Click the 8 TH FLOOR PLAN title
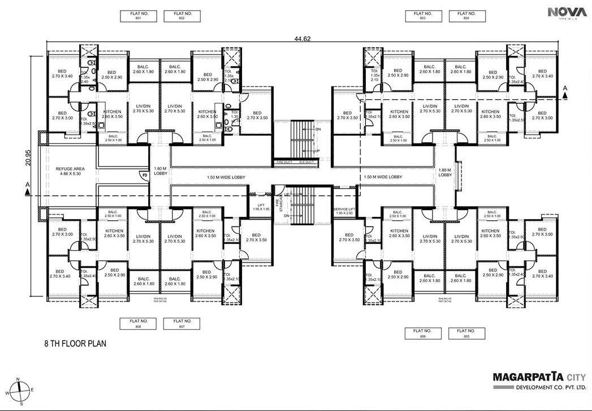coord(75,343)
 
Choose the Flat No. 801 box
coord(139,16)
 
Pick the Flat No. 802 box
coord(182,16)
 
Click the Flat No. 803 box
coord(423,16)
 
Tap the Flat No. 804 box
coord(466,16)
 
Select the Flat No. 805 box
coord(466,333)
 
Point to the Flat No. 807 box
coord(182,323)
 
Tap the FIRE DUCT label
coord(284,163)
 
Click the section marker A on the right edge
coord(565,88)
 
